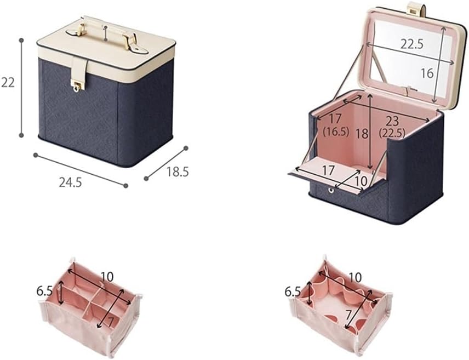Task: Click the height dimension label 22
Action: point(8,82)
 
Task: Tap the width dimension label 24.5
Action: point(70,182)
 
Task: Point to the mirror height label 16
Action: point(427,73)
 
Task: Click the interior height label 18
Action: point(362,134)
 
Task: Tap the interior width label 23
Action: point(392,121)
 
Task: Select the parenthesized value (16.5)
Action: point(336,132)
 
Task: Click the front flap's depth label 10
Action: point(361,180)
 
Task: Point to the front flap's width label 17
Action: point(328,170)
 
